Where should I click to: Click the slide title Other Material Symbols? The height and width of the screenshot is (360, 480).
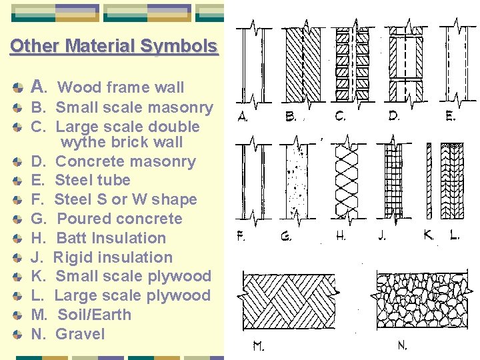tap(113, 46)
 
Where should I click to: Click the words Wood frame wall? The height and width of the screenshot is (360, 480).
tap(121, 87)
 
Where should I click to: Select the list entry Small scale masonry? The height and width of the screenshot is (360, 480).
tap(133, 107)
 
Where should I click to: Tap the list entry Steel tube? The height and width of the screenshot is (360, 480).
tap(92, 180)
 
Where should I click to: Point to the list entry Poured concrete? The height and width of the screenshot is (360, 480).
tap(119, 219)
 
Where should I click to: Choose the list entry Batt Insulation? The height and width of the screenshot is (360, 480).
tap(111, 238)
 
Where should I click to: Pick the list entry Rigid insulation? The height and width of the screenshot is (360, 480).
tap(113, 257)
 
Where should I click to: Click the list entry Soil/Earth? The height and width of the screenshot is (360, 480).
tap(94, 315)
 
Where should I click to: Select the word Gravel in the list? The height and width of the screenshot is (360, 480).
tap(80, 334)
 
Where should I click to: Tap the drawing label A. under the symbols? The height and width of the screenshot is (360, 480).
tap(243, 116)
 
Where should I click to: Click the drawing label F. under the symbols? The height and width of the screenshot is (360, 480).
tap(243, 235)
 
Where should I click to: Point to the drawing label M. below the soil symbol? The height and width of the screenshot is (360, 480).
tap(258, 346)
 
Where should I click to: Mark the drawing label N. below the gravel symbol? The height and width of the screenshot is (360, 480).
tap(402, 346)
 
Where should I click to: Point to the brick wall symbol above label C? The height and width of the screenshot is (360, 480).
tap(343, 63)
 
